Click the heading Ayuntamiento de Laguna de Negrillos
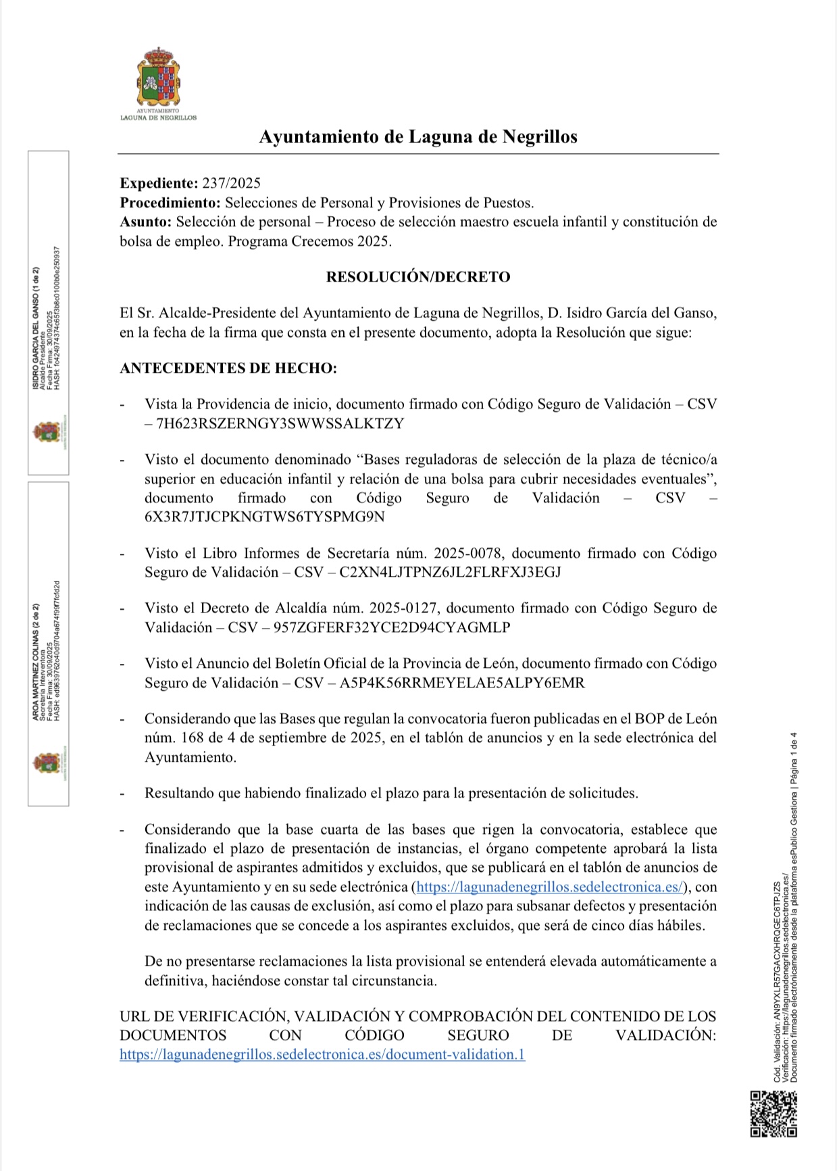(418, 137)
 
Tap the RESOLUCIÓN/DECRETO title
(418, 277)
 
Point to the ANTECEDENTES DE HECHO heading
(228, 369)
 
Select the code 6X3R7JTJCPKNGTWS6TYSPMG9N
(264, 517)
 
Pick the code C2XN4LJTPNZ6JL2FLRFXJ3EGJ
(450, 573)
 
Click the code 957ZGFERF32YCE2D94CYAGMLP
(391, 627)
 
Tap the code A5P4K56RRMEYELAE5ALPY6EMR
(462, 683)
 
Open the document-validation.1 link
(322, 1055)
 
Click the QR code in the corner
(773, 1114)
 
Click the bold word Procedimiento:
(170, 203)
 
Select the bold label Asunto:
(146, 222)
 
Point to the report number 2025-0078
(468, 554)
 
